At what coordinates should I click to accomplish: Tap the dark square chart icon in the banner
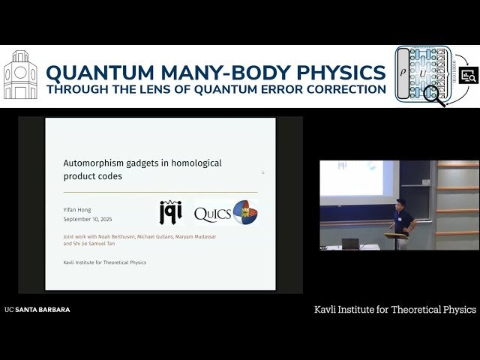pyautogui.click(x=469, y=76)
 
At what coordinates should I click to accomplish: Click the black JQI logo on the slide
pyautogui.click(x=171, y=212)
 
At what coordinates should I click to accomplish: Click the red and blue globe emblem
pyautogui.click(x=244, y=213)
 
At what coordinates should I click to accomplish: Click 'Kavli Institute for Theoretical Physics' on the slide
pyautogui.click(x=105, y=262)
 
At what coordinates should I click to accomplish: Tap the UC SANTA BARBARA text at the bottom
pyautogui.click(x=37, y=310)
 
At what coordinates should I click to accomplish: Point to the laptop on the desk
pyautogui.click(x=350, y=243)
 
